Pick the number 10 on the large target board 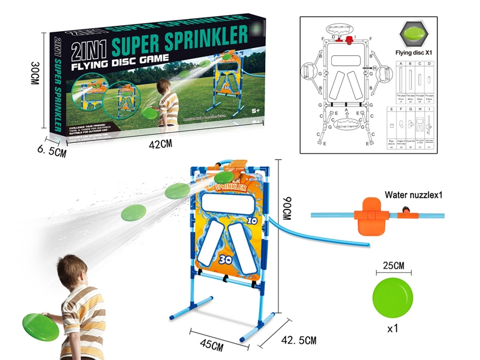click(x=252, y=220)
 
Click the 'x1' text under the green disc click(x=392, y=330)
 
